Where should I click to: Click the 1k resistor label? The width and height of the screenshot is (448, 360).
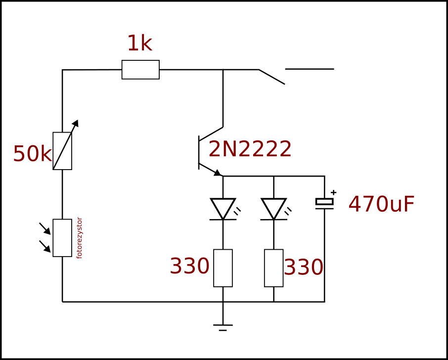pos(140,44)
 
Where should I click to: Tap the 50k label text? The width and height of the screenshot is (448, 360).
pos(32,154)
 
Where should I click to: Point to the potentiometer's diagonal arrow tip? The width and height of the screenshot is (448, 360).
pos(78,120)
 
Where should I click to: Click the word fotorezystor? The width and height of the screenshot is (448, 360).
pos(79,238)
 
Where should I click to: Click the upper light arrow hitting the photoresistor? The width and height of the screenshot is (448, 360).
pos(45,228)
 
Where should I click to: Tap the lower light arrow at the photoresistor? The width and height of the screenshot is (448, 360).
pos(45,246)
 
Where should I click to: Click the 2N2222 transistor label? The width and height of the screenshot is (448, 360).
pos(250,149)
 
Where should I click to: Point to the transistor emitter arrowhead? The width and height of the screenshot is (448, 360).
pos(218,173)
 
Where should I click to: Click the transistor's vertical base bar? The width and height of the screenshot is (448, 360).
pos(199,153)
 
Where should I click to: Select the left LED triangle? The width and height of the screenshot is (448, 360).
pos(223,209)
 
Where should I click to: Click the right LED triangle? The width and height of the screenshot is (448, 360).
pos(274,209)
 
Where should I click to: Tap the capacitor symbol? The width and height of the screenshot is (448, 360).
pos(324,203)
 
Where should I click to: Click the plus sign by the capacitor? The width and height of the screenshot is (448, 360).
pos(333,192)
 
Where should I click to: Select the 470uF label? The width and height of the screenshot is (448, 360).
pos(381,204)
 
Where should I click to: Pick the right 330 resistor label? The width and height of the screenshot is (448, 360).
pos(304,267)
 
